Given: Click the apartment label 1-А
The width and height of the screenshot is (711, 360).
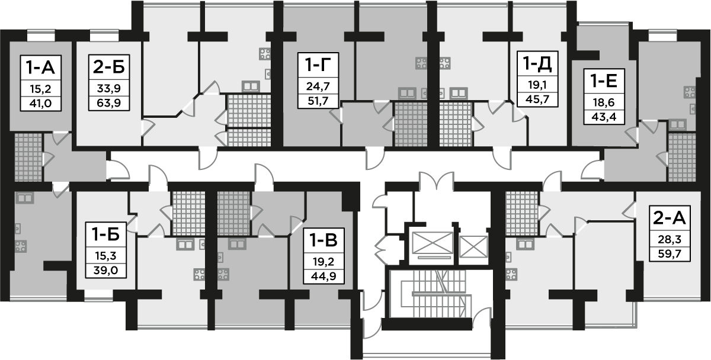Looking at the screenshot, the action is (x=41, y=67).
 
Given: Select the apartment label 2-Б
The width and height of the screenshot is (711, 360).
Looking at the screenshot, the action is (x=109, y=67).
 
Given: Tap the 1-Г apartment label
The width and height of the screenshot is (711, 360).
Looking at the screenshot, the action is (x=318, y=65).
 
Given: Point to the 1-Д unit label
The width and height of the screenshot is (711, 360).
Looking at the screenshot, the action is (x=537, y=63).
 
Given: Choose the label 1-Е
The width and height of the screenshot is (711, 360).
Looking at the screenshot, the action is (x=604, y=81).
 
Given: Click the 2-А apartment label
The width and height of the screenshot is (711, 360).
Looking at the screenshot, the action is (x=670, y=218).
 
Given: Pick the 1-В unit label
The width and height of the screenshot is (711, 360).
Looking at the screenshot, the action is (x=324, y=240).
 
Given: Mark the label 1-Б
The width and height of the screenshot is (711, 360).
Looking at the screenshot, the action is (x=105, y=234).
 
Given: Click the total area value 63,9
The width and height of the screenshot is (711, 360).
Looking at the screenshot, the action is (x=109, y=103).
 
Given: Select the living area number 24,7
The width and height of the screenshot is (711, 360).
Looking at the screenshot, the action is (x=318, y=86).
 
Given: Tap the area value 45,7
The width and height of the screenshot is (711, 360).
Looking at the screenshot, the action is (x=537, y=99).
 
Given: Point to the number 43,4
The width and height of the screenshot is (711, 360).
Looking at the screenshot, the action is (x=604, y=117).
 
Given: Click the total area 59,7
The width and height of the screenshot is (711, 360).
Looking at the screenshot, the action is (x=670, y=254).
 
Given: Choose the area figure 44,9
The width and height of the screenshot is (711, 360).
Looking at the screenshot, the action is (x=324, y=277).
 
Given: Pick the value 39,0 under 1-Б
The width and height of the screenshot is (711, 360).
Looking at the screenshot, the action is (x=105, y=271).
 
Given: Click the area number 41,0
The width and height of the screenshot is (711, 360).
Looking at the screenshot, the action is (x=41, y=104).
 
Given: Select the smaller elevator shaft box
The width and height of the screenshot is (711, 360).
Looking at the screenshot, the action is (x=473, y=247).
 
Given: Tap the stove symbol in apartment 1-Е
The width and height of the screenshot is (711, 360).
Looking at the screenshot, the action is (x=690, y=92).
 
